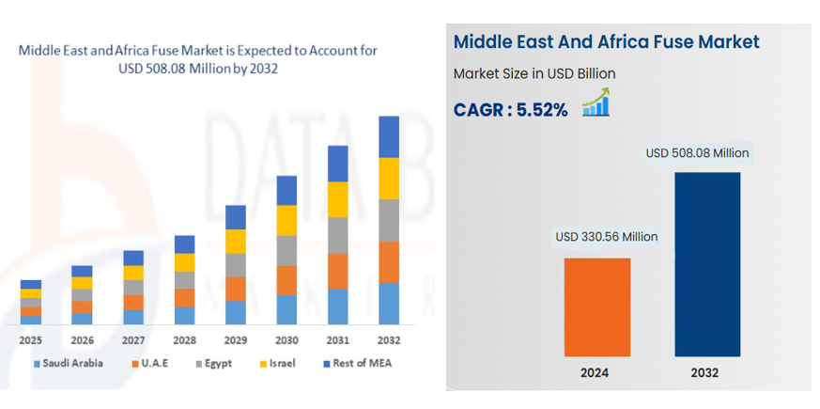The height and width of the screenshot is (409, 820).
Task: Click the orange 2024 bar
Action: (x=596, y=307)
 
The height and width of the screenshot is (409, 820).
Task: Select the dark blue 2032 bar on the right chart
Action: (x=707, y=263)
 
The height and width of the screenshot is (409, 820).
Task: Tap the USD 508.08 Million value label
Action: (x=698, y=152)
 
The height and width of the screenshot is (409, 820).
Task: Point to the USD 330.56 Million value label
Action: (x=606, y=237)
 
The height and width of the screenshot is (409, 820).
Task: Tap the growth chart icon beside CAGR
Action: (x=596, y=102)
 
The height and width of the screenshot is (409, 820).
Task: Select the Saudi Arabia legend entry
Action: (x=68, y=363)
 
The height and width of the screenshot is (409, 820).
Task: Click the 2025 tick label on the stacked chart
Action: (x=31, y=340)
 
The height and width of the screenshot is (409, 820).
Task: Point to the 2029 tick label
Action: (x=235, y=340)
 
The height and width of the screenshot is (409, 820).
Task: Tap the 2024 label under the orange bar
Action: (x=595, y=372)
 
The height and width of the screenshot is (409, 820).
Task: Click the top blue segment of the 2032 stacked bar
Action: (x=388, y=136)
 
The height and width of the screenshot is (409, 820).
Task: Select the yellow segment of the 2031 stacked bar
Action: (x=337, y=198)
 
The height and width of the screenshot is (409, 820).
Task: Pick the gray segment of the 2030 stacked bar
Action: (x=286, y=250)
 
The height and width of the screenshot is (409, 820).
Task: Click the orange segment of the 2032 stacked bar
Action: (x=388, y=261)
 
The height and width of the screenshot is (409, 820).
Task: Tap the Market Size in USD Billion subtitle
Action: (x=534, y=73)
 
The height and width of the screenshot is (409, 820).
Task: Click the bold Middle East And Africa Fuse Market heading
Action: (x=606, y=42)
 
